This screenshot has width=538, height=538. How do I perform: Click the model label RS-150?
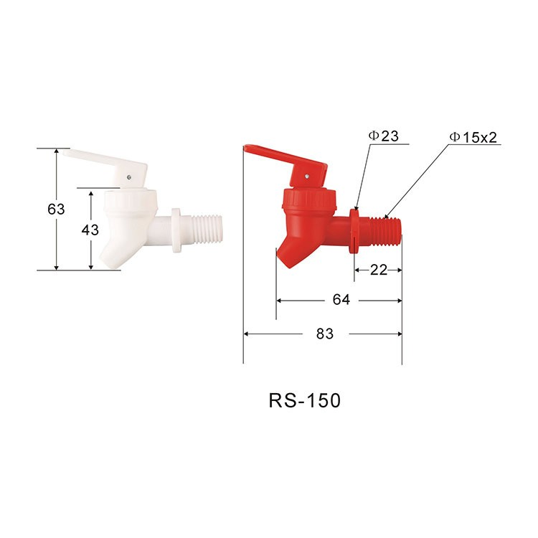click(x=304, y=400)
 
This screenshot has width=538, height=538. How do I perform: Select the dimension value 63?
click(x=56, y=209)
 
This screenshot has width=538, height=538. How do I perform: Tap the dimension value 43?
click(x=90, y=231)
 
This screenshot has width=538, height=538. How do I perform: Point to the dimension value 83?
click(x=325, y=334)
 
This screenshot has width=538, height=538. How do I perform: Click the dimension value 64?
click(x=341, y=300)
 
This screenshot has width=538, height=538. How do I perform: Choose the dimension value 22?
click(x=379, y=270)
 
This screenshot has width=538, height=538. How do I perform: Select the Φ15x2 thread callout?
click(x=473, y=136)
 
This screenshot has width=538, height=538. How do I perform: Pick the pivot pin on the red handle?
click(x=306, y=173)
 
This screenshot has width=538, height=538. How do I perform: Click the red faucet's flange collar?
click(x=354, y=230)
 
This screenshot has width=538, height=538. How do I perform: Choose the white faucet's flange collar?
click(x=176, y=231)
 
